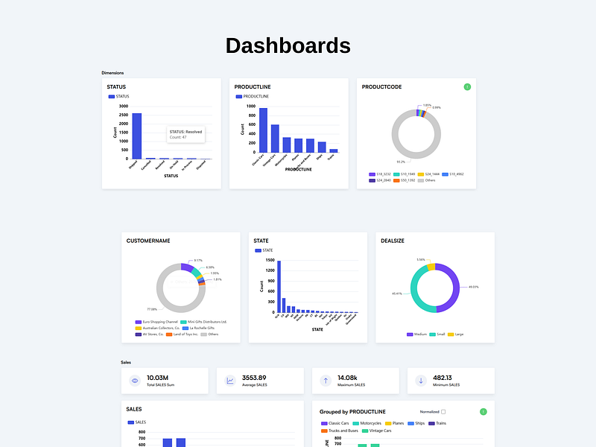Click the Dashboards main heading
click(x=288, y=45)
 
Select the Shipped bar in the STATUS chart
click(x=137, y=136)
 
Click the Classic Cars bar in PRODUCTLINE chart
click(x=263, y=130)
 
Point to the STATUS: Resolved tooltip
click(x=186, y=135)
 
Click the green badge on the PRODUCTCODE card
click(x=467, y=87)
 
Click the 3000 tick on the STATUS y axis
click(x=123, y=106)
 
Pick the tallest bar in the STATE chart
click(x=279, y=287)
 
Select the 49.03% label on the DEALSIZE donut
click(x=473, y=287)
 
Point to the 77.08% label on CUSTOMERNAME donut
click(x=152, y=309)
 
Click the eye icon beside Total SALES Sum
click(x=135, y=381)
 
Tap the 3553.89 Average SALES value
click(x=254, y=378)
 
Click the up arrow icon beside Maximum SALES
click(x=326, y=381)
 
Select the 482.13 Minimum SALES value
click(x=443, y=378)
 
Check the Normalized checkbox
click(x=443, y=411)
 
